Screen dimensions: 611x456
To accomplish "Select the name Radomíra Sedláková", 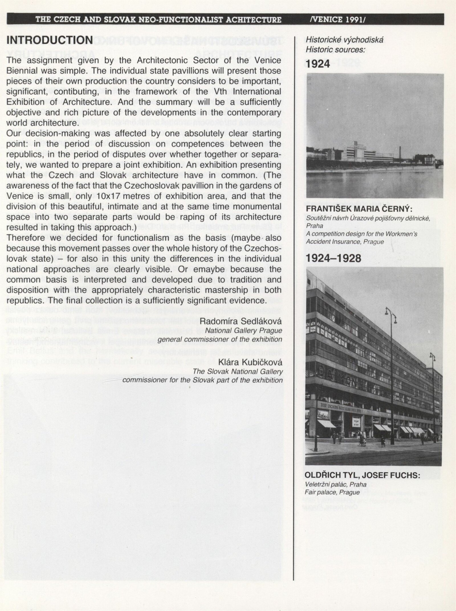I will pyautogui.click(x=241, y=321).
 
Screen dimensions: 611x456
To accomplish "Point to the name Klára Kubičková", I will pyautogui.click(x=250, y=362).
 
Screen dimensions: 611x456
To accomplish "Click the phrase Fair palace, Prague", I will pyautogui.click(x=332, y=492).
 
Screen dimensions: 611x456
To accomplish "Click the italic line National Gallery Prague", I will pyautogui.click(x=244, y=330).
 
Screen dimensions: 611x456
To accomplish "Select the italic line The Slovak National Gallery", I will pyautogui.click(x=238, y=372).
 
